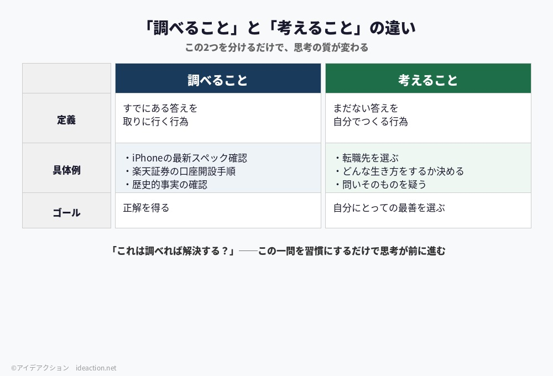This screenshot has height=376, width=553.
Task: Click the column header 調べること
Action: [218, 80]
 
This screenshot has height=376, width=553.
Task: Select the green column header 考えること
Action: [428, 80]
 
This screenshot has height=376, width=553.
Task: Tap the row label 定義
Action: [66, 119]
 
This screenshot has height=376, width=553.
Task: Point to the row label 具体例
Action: [66, 170]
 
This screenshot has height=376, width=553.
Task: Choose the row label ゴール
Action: [66, 212]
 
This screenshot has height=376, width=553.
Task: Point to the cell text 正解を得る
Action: [146, 208]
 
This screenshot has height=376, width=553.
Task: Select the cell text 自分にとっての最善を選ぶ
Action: [389, 208]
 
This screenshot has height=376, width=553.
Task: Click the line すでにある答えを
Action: [160, 108]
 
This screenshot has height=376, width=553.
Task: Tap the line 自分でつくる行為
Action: [370, 122]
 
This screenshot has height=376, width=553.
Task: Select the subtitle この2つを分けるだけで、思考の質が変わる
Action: [276, 48]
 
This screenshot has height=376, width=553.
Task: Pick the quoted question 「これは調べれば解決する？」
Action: [173, 251]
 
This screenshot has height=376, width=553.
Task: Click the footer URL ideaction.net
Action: [96, 368]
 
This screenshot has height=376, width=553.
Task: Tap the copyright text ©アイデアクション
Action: [40, 368]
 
